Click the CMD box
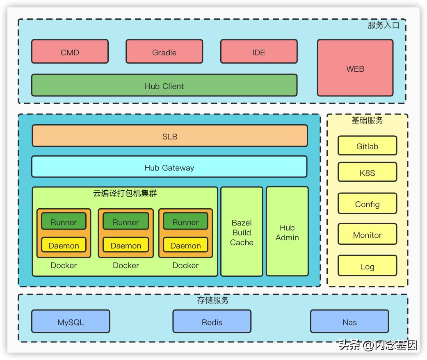click(70, 52)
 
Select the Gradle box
click(164, 52)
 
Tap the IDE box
click(259, 52)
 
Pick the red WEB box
click(355, 68)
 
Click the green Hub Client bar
click(164, 85)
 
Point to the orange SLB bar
click(170, 136)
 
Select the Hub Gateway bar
click(169, 167)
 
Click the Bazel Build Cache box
click(242, 232)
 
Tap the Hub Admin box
click(287, 232)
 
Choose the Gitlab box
click(367, 146)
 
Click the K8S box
click(367, 172)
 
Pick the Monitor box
click(367, 235)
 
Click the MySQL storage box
click(71, 321)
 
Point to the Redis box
click(212, 321)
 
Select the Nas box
click(349, 321)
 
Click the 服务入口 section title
click(383, 25)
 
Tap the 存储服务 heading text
click(213, 301)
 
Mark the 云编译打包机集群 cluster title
click(125, 193)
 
